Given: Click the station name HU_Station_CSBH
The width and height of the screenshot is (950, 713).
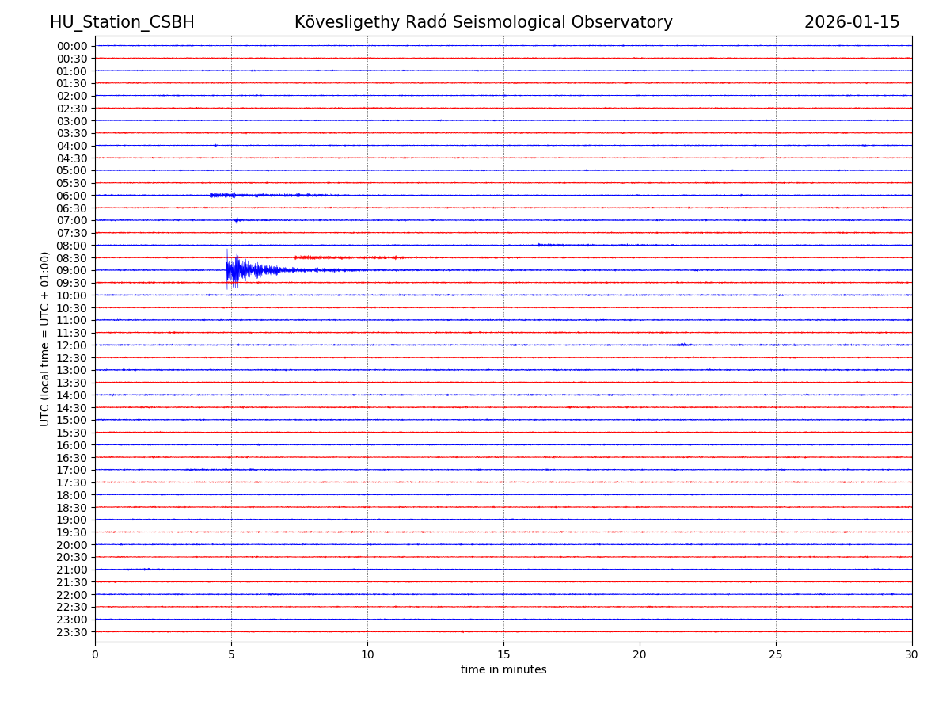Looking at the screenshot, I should click(x=122, y=22).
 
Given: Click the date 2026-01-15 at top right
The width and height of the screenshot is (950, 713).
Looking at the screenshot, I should click(x=852, y=22).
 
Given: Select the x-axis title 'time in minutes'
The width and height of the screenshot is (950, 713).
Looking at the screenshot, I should click(x=503, y=670).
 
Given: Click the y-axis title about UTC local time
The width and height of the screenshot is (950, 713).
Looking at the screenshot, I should click(x=45, y=338).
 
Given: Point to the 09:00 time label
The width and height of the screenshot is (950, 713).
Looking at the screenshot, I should click(x=72, y=270).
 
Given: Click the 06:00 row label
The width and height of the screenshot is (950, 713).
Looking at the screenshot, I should click(x=72, y=196).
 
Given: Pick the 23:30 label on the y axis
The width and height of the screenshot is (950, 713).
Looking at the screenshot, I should click(x=72, y=632).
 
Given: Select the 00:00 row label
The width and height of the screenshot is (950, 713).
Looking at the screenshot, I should click(x=72, y=46).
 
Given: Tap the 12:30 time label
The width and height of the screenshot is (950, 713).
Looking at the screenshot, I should click(x=72, y=358).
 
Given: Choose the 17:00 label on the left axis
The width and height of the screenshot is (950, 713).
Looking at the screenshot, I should click(x=72, y=470).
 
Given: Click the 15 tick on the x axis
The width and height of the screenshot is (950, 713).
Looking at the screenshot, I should click(x=503, y=654).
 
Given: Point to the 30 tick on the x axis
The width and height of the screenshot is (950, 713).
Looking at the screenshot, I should click(x=912, y=654).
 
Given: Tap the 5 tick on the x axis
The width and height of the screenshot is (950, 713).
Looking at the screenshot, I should click(x=231, y=654).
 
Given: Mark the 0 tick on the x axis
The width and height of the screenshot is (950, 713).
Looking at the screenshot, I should click(x=95, y=654).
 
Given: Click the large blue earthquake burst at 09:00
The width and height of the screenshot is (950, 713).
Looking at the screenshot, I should click(x=237, y=270).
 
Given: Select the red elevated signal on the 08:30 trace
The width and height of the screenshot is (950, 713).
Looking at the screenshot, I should click(x=348, y=257).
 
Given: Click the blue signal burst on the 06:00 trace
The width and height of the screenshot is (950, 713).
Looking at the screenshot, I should click(x=237, y=195).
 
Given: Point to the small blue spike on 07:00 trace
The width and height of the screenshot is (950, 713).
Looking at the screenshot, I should click(x=237, y=220).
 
